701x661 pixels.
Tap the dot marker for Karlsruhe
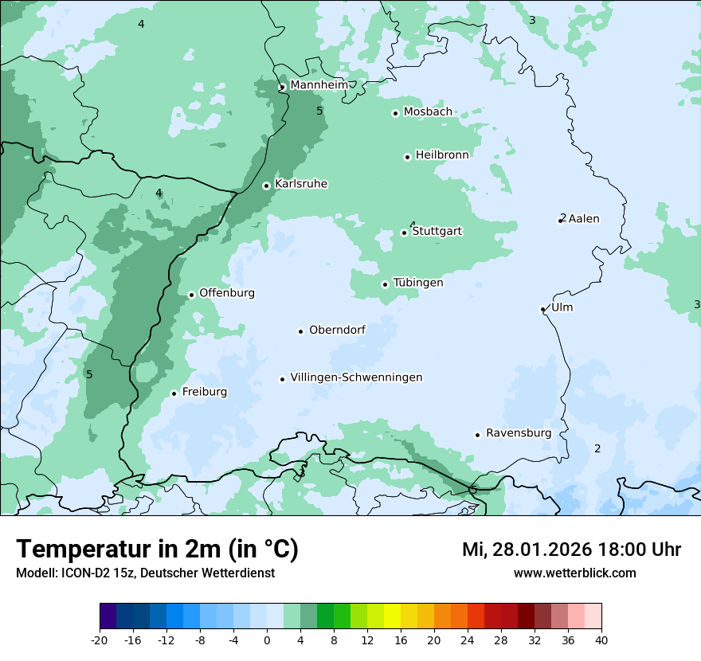pos(267,186)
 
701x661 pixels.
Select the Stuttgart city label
pos(437,232)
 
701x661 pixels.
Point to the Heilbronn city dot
pos(407,157)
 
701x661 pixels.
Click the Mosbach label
pos(428,112)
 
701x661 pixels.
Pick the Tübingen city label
pos(418,283)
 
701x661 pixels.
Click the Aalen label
pos(584,219)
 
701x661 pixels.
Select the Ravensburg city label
pos(519,433)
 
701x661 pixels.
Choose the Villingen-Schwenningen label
pos(356,377)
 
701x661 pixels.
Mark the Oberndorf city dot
pos(301,331)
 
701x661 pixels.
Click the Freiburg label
pos(204,392)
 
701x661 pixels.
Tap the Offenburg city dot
pos(191,295)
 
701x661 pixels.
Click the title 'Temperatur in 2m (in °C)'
pos(157,550)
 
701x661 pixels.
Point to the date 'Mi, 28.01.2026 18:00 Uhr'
pos(571,550)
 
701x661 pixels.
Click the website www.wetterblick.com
pos(574,573)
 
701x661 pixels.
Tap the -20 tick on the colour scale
pos(100,639)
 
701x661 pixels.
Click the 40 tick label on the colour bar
pos(601,639)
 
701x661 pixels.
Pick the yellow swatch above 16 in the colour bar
pos(392,616)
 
